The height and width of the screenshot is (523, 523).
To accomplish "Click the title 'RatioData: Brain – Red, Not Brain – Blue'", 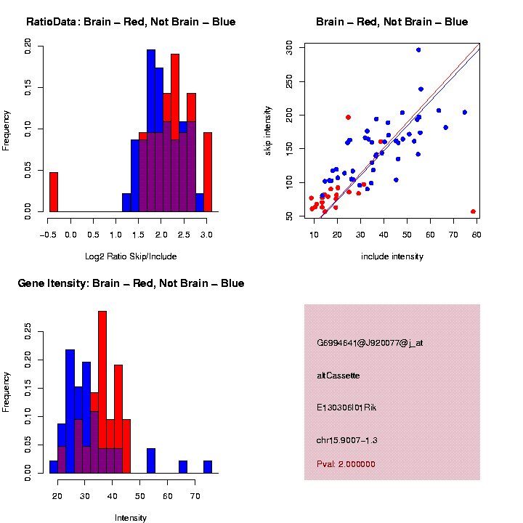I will point(131,22).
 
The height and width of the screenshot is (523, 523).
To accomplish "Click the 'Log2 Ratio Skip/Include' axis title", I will point(130,256).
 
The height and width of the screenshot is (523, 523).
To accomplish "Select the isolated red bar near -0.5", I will point(53,192).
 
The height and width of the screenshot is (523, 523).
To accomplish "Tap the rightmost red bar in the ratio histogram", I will point(208,172).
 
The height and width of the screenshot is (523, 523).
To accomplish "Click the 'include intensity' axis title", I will point(392,256).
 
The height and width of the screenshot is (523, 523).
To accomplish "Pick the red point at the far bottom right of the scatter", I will point(473,211).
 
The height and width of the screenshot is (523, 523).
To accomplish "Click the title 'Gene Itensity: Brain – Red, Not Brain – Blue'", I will point(131,283).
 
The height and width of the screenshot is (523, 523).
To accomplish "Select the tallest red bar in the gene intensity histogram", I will point(102,392).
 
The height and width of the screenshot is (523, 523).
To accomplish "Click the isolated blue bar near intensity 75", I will point(208,467).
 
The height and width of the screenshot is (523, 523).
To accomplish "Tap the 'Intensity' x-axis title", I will point(131,518).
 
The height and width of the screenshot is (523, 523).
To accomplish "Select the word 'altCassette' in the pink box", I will point(338,376).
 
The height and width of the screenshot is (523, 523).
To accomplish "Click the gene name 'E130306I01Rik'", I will point(347,408).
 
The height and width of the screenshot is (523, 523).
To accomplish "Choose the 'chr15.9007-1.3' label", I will point(347,440).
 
